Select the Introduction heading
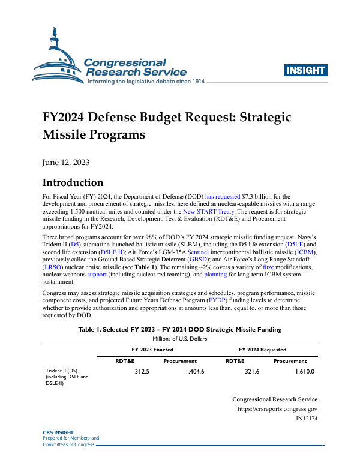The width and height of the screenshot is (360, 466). tap(73, 183)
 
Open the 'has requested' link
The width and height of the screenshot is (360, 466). tap(222, 197)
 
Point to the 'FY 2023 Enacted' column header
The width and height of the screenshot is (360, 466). tap(152, 350)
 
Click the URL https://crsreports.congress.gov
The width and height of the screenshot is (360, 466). tap(277, 409)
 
